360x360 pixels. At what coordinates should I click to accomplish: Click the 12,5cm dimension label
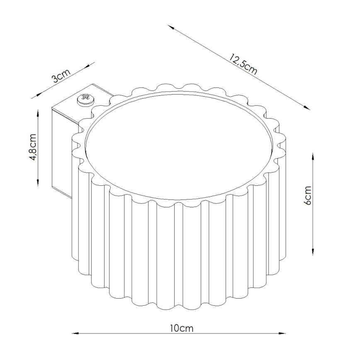click(243, 64)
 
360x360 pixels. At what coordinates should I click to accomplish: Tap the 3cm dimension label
click(61, 76)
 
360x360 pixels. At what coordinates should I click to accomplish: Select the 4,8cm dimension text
click(33, 147)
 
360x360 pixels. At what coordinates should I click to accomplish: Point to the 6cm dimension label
click(307, 195)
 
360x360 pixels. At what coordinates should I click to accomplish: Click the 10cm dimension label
click(182, 328)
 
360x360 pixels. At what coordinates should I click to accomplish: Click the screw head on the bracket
click(85, 100)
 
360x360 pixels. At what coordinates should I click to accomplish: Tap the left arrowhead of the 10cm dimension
click(75, 333)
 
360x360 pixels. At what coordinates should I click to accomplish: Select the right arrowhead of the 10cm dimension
click(282, 333)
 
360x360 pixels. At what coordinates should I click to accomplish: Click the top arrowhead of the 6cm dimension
click(313, 157)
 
